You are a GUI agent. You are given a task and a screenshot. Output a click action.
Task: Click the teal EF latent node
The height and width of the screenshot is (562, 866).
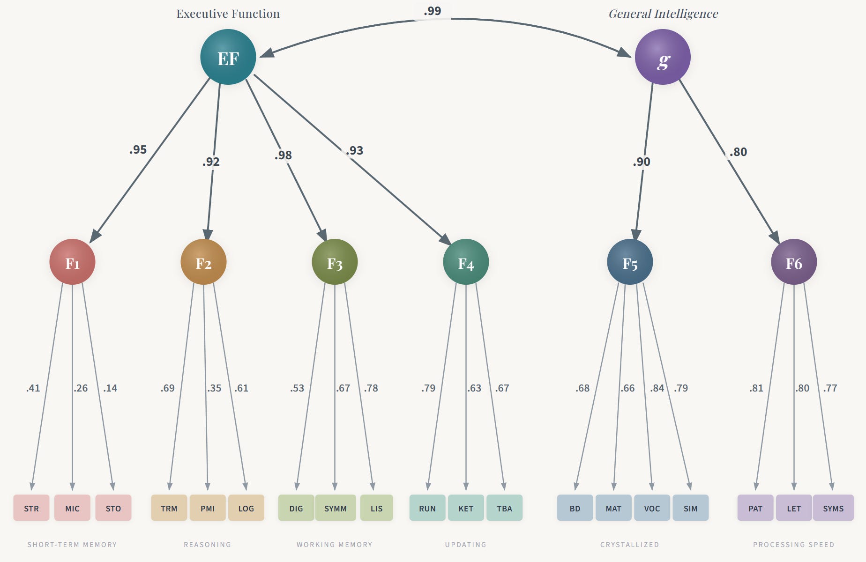(x=228, y=57)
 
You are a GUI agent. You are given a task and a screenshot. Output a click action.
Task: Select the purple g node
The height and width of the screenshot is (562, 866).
(x=662, y=57)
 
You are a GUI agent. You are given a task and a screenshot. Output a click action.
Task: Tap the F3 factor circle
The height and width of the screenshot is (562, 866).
(x=335, y=262)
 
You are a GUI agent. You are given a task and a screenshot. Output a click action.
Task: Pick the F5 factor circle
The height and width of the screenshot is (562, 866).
(x=629, y=262)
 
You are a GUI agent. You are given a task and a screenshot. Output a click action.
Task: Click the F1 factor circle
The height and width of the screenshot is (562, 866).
(x=72, y=262)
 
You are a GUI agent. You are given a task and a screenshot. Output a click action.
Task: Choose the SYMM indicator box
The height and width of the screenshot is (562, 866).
(x=336, y=508)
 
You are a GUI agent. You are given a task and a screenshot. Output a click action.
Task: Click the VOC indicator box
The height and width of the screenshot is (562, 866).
(x=652, y=508)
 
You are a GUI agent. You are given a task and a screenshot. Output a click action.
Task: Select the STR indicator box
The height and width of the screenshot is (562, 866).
(x=31, y=508)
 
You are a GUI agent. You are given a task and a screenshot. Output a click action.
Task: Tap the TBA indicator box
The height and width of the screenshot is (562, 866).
(x=504, y=508)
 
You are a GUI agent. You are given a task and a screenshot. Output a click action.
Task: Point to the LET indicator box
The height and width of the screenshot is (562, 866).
(x=794, y=508)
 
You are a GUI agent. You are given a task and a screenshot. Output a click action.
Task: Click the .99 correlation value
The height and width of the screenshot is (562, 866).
(x=432, y=11)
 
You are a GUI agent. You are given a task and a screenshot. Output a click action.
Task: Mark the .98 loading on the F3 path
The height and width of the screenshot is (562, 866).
(x=283, y=155)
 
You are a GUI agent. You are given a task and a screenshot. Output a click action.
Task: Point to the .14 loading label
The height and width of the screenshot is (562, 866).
(x=110, y=388)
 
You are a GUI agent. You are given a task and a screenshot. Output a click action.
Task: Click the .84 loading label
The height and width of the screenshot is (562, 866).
(x=657, y=388)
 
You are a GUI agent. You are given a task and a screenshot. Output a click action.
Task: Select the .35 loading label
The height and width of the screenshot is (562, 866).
(x=214, y=388)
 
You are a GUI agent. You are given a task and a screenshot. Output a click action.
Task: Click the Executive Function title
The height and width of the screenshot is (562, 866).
(x=228, y=14)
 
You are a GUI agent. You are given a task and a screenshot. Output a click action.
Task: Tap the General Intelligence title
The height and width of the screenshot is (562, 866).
(x=663, y=14)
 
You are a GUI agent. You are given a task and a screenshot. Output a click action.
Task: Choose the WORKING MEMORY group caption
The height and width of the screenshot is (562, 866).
(x=335, y=545)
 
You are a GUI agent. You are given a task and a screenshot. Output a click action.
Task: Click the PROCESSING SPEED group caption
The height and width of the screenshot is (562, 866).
(x=794, y=545)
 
